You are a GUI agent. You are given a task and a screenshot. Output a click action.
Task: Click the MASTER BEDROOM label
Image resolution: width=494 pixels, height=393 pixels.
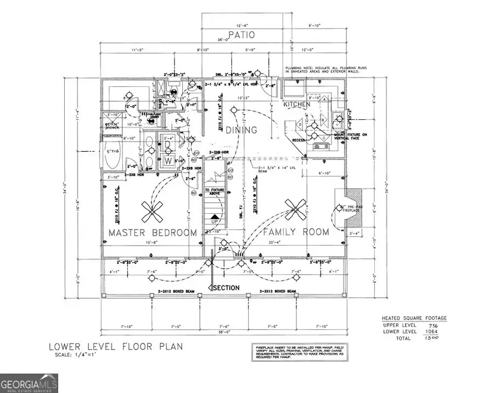coord(152,233)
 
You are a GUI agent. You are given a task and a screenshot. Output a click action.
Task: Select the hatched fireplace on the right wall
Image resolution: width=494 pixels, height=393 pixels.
coord(349,209)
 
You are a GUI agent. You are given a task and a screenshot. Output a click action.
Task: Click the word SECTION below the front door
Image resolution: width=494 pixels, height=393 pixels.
coord(226,288)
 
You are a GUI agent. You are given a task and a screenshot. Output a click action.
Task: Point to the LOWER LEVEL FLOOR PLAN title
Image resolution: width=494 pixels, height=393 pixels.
coord(115,347)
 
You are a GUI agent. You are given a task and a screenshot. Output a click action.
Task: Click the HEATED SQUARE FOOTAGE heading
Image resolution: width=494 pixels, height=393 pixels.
coord(414,318)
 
